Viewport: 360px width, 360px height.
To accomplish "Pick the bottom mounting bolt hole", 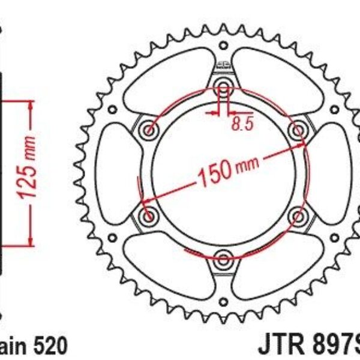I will (223, 259).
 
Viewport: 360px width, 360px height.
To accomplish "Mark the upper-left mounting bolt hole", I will (148, 129).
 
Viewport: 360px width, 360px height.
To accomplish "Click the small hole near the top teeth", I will (223, 46).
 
